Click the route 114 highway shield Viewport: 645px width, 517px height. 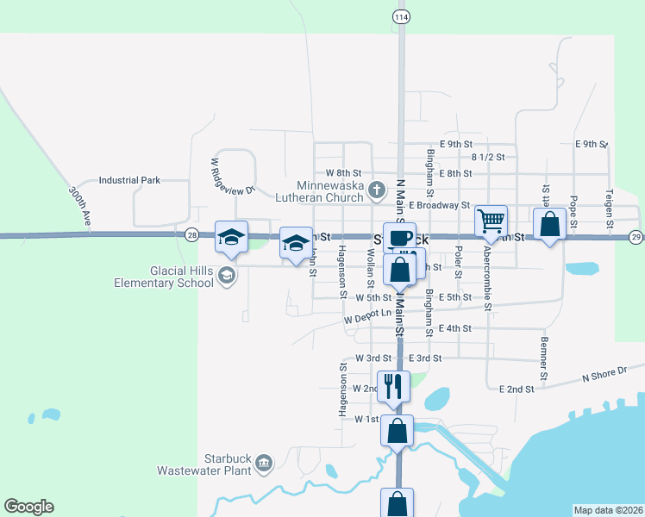pos(400,16)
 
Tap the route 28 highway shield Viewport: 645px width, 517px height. pos(191,234)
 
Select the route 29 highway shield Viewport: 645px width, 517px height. pos(636,236)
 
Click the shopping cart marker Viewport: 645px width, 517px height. pos(491,221)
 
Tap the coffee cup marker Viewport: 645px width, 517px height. pos(399,238)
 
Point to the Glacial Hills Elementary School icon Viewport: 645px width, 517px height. pos(227,276)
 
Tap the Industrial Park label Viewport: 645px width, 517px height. pos(129,181)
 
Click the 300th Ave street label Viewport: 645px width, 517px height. pos(80,207)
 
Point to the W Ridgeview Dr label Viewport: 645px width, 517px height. pos(232,178)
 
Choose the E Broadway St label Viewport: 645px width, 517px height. pos(440,206)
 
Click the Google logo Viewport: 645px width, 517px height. pos(28,507)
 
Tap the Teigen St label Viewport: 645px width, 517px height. pos(609,207)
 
